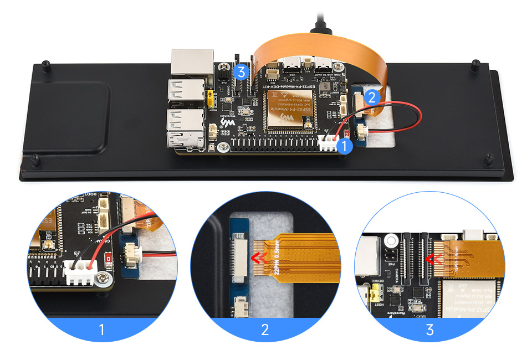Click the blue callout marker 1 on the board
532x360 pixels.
(x=344, y=146)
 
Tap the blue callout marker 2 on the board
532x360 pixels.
(x=372, y=97)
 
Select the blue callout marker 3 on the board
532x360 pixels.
(x=240, y=71)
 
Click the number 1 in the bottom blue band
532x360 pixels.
(x=101, y=330)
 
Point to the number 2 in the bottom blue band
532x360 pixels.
(x=265, y=330)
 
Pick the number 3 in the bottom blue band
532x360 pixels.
(x=429, y=330)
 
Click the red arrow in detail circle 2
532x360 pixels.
(x=257, y=256)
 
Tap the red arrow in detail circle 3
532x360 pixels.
(x=431, y=257)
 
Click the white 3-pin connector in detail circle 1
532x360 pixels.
(x=78, y=271)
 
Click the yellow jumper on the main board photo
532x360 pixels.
(x=211, y=100)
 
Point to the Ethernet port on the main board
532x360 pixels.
(x=190, y=63)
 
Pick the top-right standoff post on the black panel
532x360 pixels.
(x=475, y=64)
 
